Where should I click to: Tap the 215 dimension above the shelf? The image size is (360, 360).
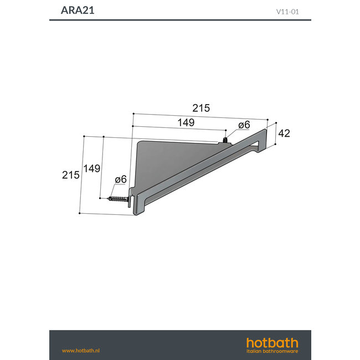(x=201, y=109)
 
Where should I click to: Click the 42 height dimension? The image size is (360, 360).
(x=284, y=133)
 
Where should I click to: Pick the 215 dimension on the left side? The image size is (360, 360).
(x=70, y=174)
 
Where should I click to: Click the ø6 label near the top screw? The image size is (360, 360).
(x=244, y=126)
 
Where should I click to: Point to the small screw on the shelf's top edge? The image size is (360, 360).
(x=224, y=139)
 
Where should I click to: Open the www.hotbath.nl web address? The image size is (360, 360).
(x=80, y=350)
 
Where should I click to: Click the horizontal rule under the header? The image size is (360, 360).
(x=180, y=20)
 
